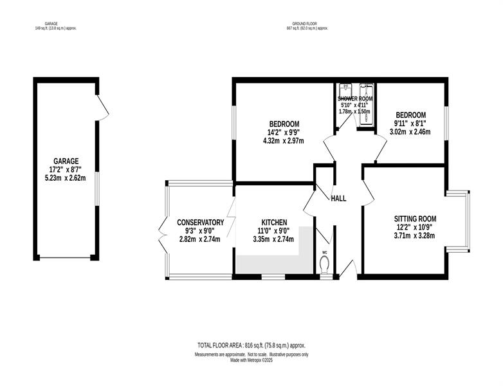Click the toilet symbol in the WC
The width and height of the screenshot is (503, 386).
point(324,264)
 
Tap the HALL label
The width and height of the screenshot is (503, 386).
point(338,199)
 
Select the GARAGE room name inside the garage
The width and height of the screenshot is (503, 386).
point(66,161)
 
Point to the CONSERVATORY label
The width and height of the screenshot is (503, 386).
point(201,223)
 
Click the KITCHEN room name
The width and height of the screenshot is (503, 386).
point(274,223)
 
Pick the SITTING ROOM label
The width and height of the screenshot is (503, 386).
point(415,219)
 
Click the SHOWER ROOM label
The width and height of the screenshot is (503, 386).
point(355,99)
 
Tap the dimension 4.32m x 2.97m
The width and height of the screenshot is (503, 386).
point(284,140)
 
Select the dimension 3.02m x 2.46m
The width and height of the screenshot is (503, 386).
point(410,131)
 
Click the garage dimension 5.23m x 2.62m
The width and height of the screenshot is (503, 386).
point(66,178)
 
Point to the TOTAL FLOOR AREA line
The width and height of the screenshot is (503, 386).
point(251,345)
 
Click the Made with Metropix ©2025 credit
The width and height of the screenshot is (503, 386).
point(251,360)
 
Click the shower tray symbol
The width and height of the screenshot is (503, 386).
point(367,104)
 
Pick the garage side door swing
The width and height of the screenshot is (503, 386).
point(104,108)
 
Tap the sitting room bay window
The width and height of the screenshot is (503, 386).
point(458,221)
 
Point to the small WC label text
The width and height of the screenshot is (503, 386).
point(324,252)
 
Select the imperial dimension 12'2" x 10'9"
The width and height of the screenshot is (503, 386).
point(415,228)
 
